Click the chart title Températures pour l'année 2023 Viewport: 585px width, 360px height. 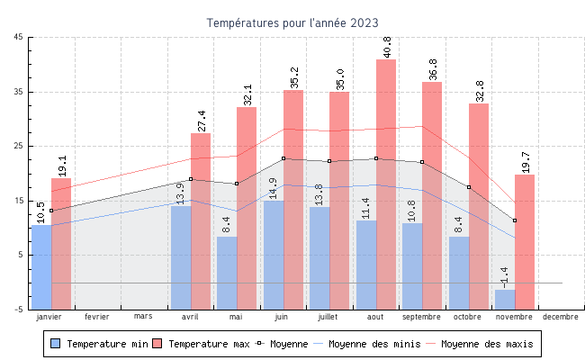(x=292, y=22)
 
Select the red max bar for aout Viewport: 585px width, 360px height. (x=386, y=171)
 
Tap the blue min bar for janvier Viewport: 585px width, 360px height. (x=41, y=266)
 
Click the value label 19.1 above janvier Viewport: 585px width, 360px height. (x=62, y=165)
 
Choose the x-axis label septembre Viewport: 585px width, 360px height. (x=421, y=317)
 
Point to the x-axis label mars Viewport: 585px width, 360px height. (x=143, y=317)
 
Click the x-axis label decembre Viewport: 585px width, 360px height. (x=561, y=317)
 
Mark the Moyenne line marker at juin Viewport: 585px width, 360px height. (x=283, y=158)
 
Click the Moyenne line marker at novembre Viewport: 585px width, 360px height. (x=515, y=220)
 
